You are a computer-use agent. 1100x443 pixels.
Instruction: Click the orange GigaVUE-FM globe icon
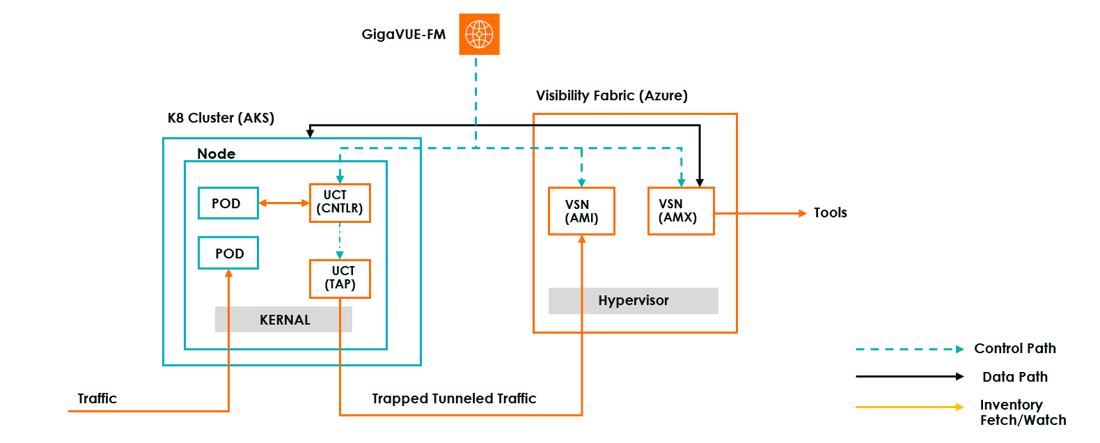(x=479, y=34)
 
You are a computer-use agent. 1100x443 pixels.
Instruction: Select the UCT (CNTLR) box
(x=340, y=203)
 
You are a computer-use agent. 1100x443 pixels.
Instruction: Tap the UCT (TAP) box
(x=340, y=279)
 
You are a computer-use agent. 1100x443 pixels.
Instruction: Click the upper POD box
(x=228, y=203)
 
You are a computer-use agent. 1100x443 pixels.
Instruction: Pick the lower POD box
(x=228, y=254)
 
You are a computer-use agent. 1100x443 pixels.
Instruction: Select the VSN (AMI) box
(x=581, y=211)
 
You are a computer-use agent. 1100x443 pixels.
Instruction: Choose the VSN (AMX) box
(x=681, y=211)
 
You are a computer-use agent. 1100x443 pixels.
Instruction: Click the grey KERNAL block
(x=283, y=320)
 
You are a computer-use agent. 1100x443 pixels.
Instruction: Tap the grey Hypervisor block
(x=633, y=301)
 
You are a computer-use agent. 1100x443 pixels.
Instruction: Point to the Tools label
(x=830, y=213)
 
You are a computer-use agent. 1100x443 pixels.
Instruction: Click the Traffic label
(x=97, y=398)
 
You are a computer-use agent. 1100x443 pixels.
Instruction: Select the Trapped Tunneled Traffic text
(x=454, y=398)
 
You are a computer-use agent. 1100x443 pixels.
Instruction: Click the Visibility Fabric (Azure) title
(x=611, y=95)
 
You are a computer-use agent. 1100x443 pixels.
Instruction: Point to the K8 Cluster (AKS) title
(x=221, y=118)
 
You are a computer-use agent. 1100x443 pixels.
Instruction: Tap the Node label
(x=216, y=154)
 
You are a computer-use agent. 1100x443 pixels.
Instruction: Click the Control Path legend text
(x=1014, y=348)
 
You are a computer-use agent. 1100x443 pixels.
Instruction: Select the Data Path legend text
(x=1014, y=377)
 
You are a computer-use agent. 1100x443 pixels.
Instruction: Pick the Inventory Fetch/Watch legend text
(x=1022, y=412)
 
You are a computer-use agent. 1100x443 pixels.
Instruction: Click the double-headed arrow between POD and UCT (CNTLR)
(x=284, y=203)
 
